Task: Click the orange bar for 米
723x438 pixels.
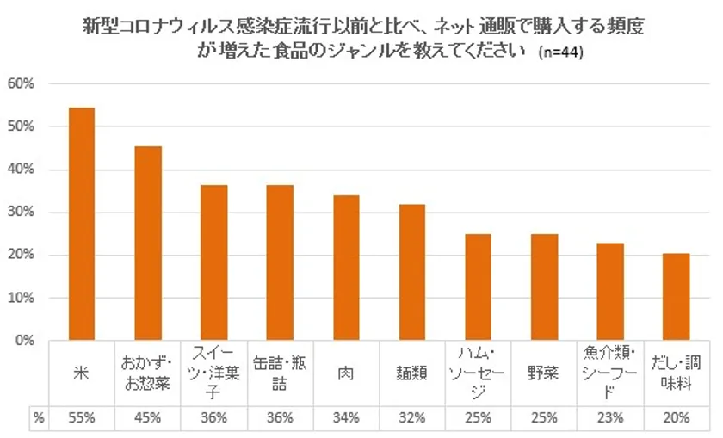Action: click(81, 224)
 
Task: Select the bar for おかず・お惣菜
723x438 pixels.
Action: click(147, 244)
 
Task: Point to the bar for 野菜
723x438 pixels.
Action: click(545, 287)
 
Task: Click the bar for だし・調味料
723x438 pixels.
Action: click(677, 297)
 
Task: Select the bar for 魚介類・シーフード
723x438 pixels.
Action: click(611, 292)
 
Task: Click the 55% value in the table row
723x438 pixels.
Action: click(81, 418)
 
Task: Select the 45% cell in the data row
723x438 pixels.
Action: click(147, 418)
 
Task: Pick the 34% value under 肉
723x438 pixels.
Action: click(346, 418)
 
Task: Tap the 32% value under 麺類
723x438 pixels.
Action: click(412, 418)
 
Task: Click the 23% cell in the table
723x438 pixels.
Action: click(611, 418)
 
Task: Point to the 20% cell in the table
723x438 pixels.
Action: click(677, 418)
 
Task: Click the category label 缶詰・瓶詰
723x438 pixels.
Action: click(280, 374)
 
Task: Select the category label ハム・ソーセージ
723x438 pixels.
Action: click(479, 374)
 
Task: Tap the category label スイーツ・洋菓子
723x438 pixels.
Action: click(213, 374)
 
